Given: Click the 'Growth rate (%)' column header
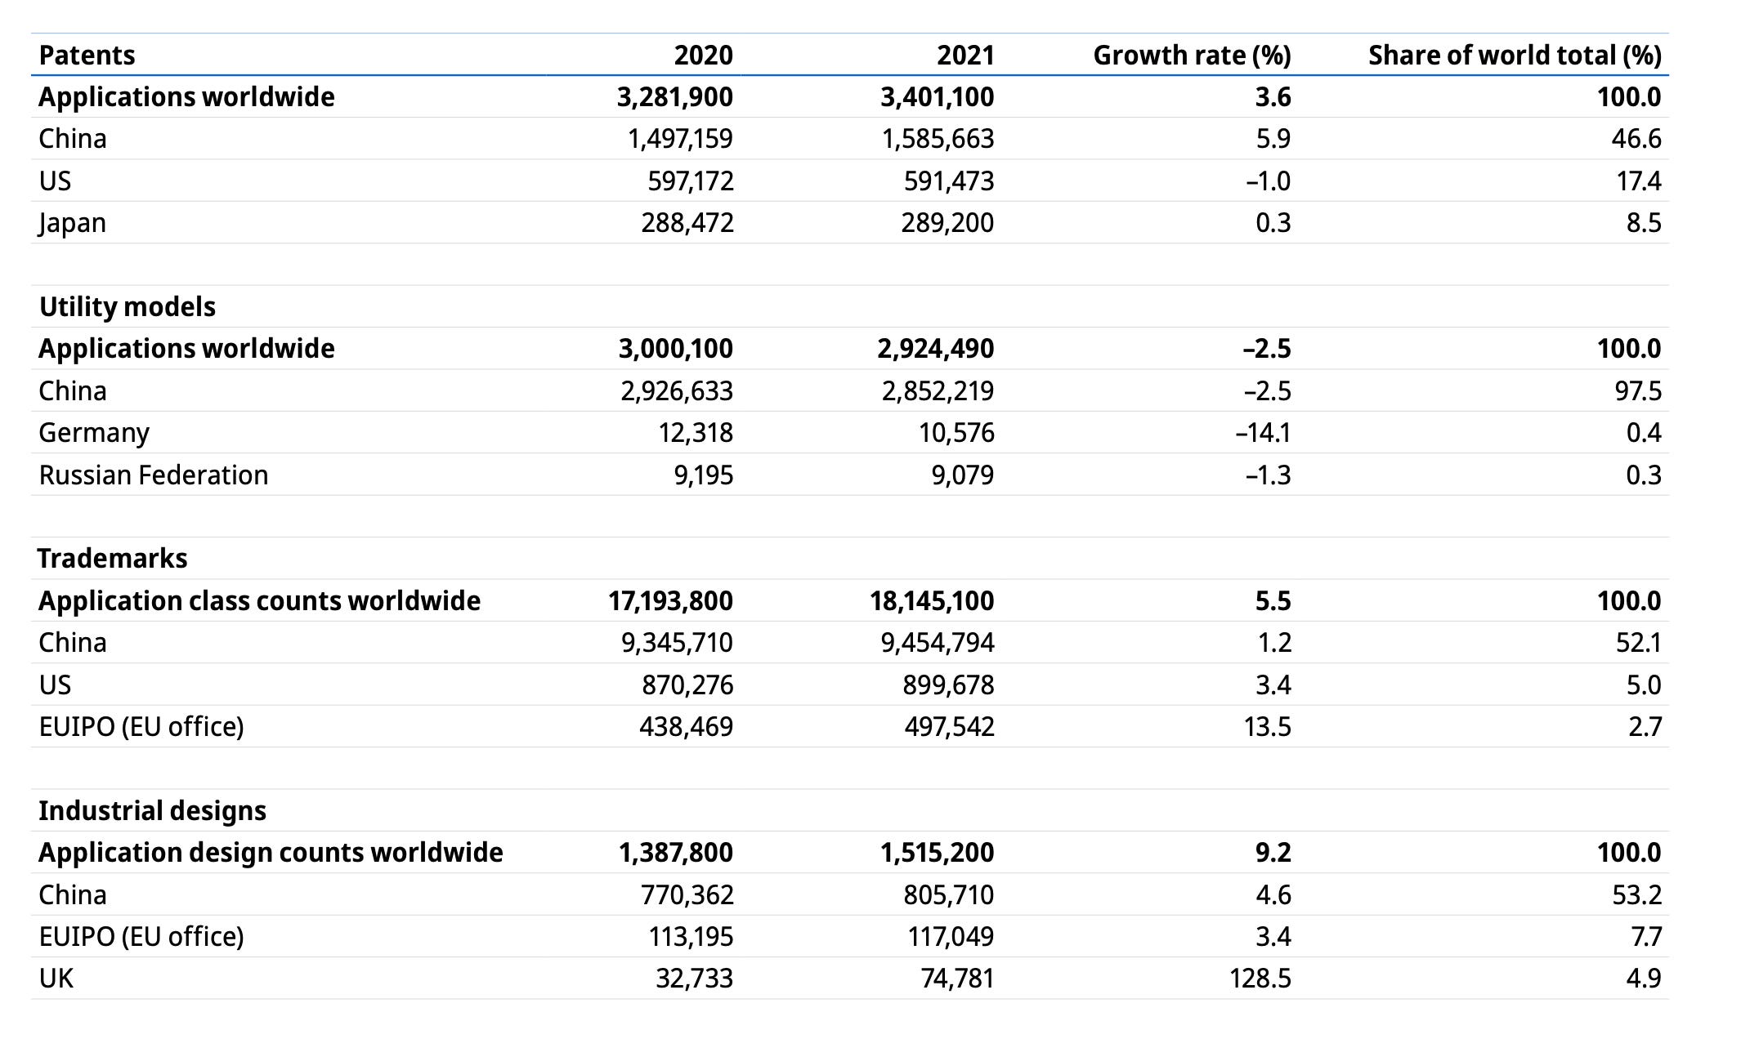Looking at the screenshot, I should click(x=1192, y=56).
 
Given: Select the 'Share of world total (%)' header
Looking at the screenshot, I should click(x=1515, y=56).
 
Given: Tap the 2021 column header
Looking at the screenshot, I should click(x=965, y=56).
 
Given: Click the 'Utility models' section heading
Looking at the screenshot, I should click(x=128, y=307).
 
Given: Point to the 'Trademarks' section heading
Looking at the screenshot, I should click(x=113, y=559).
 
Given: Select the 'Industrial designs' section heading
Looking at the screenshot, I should click(x=153, y=811).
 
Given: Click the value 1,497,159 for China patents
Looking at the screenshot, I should click(x=680, y=139).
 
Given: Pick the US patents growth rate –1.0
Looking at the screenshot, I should click(x=1268, y=181).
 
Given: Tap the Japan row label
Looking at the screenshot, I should click(x=72, y=223).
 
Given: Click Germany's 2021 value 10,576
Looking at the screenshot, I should click(x=956, y=433).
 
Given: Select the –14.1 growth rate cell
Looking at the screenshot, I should click(x=1263, y=433).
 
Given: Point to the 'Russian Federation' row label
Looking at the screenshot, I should click(x=154, y=475).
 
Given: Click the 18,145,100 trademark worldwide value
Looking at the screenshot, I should click(x=932, y=601).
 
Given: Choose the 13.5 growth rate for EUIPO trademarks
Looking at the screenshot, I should click(x=1267, y=727).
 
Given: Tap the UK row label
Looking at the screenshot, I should click(x=56, y=979).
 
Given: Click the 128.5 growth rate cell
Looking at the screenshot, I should click(x=1260, y=979).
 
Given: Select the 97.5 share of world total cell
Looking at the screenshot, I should click(x=1637, y=391).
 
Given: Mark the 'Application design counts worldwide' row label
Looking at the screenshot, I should click(x=271, y=853).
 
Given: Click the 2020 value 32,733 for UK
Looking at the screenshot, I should click(x=694, y=979).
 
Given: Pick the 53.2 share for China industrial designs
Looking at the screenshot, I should click(x=1637, y=895).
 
